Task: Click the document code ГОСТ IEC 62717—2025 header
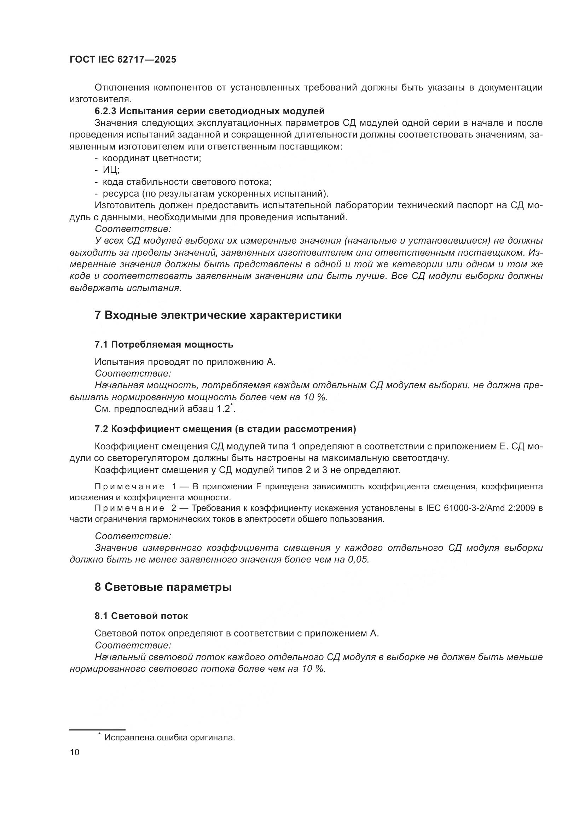point(123,60)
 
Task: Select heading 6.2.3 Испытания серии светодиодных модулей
point(210,111)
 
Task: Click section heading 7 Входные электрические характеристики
point(218,315)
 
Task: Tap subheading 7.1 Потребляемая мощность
point(164,345)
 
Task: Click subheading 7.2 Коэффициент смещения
point(225,429)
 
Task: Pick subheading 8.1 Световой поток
point(141,616)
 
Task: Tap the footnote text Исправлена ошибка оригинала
point(169,738)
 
